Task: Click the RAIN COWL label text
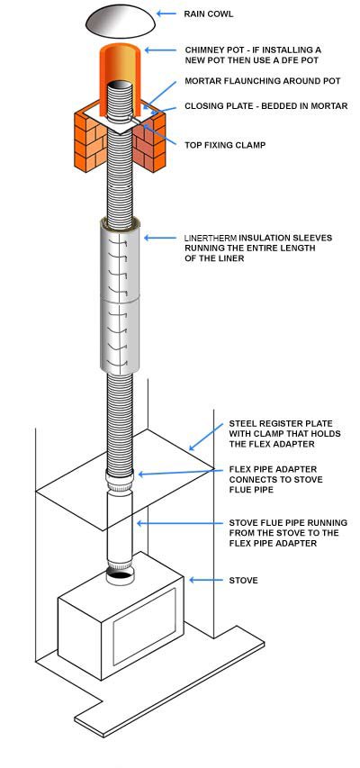coord(208,14)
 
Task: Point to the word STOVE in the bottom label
coord(244,581)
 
